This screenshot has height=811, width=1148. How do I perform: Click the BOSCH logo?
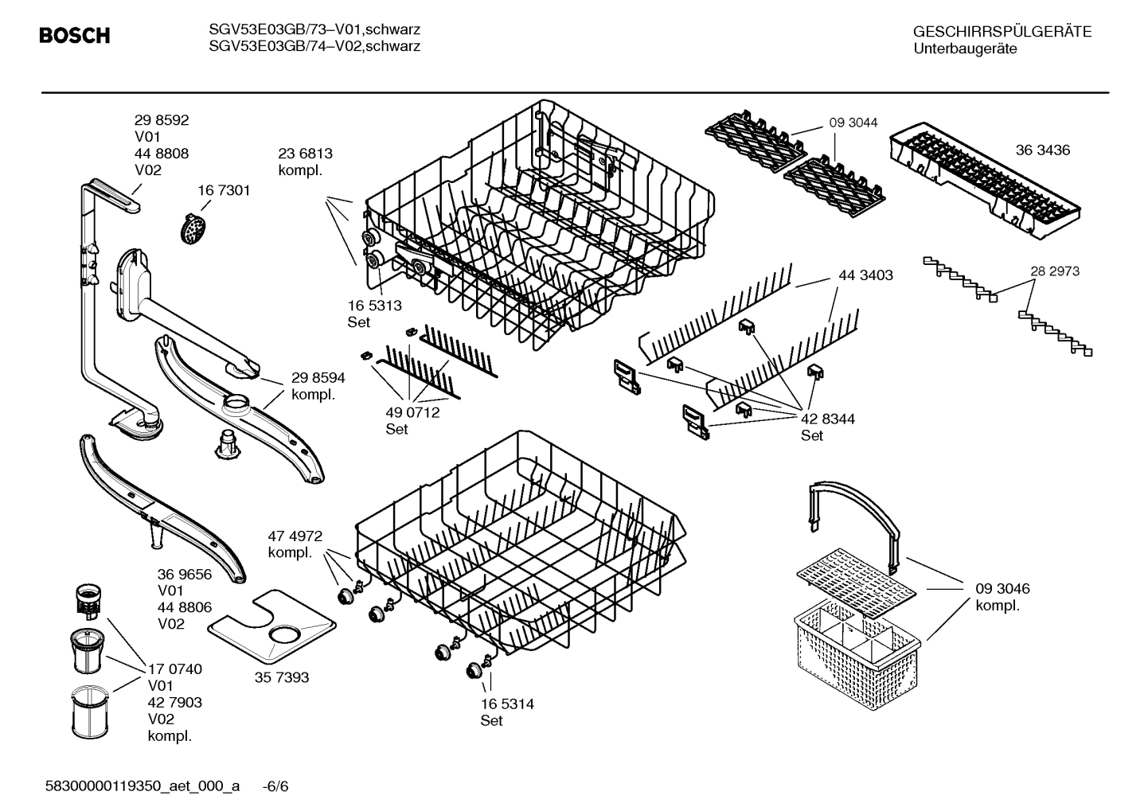pyautogui.click(x=74, y=36)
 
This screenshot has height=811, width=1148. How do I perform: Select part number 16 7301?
pyautogui.click(x=224, y=190)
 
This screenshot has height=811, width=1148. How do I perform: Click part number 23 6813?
pyautogui.click(x=305, y=154)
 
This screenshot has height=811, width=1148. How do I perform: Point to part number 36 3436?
pyautogui.click(x=1042, y=150)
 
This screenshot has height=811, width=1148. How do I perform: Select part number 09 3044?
pyautogui.click(x=853, y=123)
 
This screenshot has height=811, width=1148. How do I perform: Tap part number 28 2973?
pyautogui.click(x=1054, y=271)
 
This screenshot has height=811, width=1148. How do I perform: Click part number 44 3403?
pyautogui.click(x=865, y=275)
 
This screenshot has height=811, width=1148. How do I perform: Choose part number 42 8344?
pyautogui.click(x=827, y=419)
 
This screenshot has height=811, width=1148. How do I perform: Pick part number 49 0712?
pyautogui.click(x=412, y=412)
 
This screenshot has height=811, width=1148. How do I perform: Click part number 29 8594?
pyautogui.click(x=318, y=378)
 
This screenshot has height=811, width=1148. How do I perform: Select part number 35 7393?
pyautogui.click(x=282, y=677)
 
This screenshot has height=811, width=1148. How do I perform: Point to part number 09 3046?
pyautogui.click(x=1002, y=589)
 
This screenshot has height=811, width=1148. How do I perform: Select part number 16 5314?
pyautogui.click(x=507, y=704)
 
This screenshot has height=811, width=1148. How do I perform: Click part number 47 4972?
pyautogui.click(x=295, y=536)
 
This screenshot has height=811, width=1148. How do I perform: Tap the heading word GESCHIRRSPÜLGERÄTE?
pyautogui.click(x=1002, y=32)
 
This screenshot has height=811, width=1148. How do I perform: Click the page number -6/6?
pyautogui.click(x=275, y=786)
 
